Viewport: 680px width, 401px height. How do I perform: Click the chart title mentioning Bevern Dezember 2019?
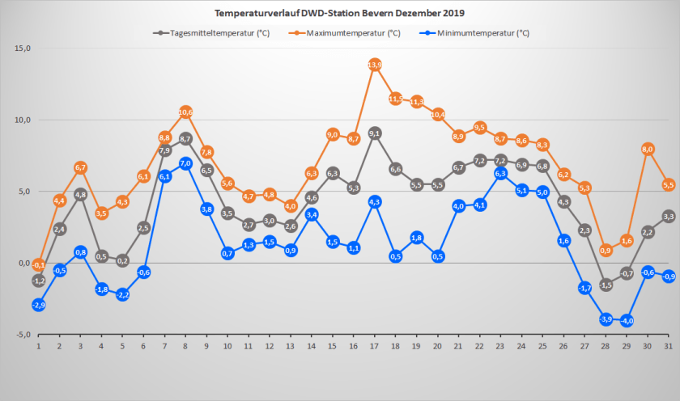click(x=339, y=13)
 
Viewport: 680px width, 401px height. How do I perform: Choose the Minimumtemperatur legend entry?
click(x=478, y=33)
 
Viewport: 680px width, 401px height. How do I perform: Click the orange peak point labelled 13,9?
click(x=375, y=65)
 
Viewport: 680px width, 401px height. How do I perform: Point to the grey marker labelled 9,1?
click(x=375, y=133)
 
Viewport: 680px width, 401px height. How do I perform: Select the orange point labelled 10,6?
click(x=185, y=112)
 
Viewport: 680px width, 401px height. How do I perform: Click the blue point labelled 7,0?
click(x=185, y=163)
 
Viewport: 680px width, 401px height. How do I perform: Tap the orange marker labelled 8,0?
click(x=648, y=149)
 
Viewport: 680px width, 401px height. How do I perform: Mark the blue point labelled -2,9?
click(x=38, y=305)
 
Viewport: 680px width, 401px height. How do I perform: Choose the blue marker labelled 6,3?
click(x=500, y=173)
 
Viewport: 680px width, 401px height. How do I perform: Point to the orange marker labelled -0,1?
click(x=38, y=264)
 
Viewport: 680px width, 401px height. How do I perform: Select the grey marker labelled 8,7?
click(x=185, y=139)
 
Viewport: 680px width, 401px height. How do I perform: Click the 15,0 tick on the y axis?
click(x=22, y=49)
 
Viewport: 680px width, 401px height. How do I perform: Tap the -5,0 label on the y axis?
click(x=22, y=335)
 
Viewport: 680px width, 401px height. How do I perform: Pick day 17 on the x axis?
click(x=375, y=346)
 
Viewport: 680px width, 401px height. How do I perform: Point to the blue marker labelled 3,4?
click(x=312, y=215)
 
